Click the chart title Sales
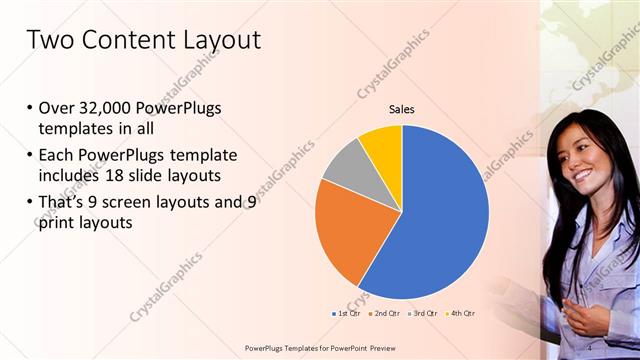[x=401, y=110]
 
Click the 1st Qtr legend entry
[x=346, y=314]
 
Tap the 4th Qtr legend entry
[x=460, y=314]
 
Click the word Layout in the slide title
[x=213, y=40]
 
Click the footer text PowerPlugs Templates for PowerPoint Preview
[x=319, y=347]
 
